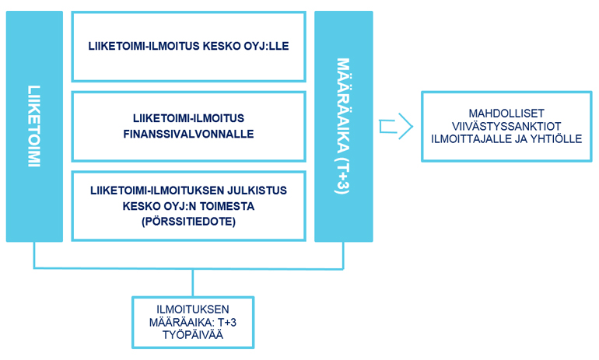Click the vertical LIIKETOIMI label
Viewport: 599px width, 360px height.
34,126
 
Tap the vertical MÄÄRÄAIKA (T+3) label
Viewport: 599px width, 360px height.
343,126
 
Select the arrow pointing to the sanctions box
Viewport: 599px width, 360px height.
396,127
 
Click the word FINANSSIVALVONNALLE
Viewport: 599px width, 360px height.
188,134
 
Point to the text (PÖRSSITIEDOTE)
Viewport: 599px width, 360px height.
189,222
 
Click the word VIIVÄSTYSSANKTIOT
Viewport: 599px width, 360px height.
506,127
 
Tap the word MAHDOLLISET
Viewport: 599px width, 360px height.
506,114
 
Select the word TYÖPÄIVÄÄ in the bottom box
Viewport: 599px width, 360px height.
193,335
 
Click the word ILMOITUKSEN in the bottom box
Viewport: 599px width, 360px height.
193,309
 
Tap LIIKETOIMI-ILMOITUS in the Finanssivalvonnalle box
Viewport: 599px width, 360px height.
188,118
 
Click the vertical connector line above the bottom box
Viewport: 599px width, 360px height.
193,283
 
